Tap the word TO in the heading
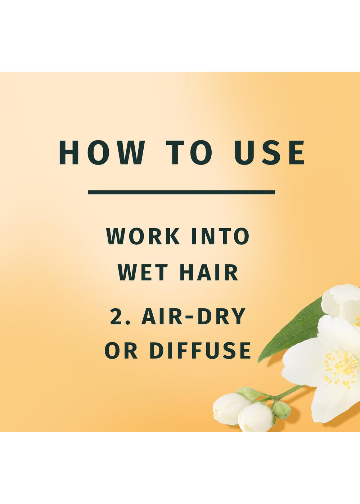(189, 153)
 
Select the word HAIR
(208, 273)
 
